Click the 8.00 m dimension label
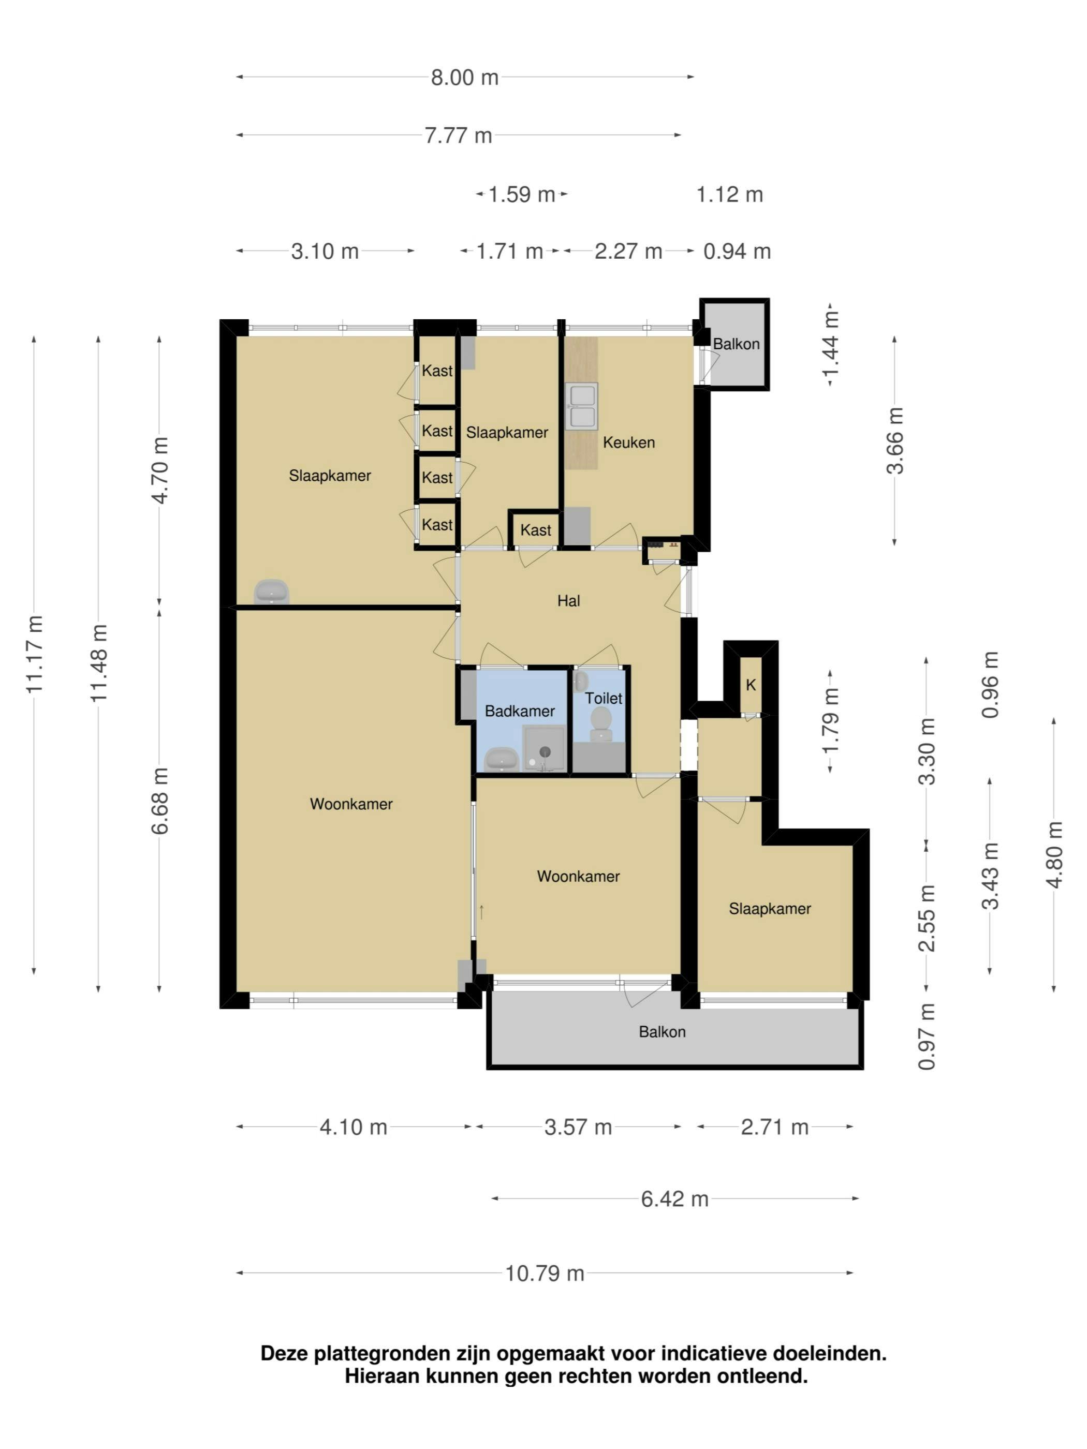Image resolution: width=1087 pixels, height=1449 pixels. pos(464,77)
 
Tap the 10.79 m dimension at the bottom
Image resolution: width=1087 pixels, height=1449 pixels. pos(544,1273)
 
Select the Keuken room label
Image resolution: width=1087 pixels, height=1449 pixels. pos(628,442)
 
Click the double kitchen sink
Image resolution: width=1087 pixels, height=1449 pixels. pos(582,407)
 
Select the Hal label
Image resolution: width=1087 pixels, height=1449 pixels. pos(568,601)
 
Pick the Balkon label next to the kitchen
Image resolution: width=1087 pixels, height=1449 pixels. pos(736,344)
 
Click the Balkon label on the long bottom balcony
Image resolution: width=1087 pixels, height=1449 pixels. pos(662,1032)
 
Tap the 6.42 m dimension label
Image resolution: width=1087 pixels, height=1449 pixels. pos(674,1199)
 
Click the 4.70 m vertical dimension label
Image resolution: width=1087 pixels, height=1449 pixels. pos(160,470)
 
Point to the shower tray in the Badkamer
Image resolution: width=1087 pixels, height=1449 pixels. pos(544,749)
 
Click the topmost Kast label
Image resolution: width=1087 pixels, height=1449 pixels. pos(437,371)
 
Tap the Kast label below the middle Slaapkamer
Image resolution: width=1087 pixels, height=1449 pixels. pos(535,530)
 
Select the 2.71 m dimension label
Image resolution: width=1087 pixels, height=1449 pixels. pos(774,1127)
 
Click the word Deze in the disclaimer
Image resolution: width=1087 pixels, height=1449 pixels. pos(284,1353)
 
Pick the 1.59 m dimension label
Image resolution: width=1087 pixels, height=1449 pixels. pos(522,195)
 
